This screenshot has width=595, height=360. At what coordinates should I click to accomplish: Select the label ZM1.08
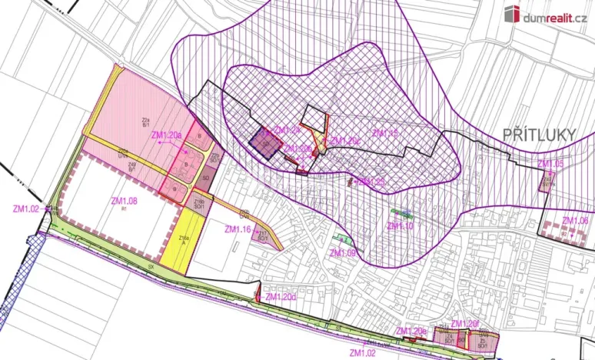pos(124,202)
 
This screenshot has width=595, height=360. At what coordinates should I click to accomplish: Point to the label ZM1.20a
pos(167,135)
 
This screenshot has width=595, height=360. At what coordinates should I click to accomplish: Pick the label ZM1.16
pos(238,229)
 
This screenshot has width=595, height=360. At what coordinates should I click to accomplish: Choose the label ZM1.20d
pos(281,297)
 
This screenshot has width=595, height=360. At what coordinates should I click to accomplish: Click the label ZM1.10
pos(400,226)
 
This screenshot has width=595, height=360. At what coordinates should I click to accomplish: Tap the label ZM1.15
pos(384,133)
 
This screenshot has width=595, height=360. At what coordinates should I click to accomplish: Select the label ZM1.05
pos(550,164)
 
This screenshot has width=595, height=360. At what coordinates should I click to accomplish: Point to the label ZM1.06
pos(575,220)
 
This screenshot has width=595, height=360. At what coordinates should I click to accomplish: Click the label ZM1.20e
pos(411,331)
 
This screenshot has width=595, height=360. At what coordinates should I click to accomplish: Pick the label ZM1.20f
pos(465,323)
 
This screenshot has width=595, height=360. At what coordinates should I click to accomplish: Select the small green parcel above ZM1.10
pos(401,212)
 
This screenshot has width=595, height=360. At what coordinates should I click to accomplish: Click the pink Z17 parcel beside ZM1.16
pos(262,235)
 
